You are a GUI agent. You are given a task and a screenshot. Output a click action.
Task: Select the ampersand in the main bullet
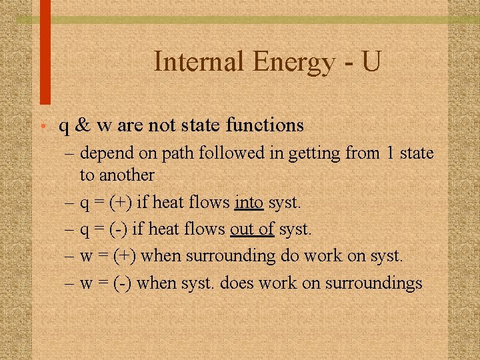83,125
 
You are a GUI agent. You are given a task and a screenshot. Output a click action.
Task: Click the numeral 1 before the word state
389,154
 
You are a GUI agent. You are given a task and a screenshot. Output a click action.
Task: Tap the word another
127,175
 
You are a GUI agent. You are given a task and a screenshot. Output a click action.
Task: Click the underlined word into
249,202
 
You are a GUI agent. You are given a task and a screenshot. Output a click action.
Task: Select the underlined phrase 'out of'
252,229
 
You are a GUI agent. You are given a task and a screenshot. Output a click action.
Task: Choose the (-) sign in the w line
122,283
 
